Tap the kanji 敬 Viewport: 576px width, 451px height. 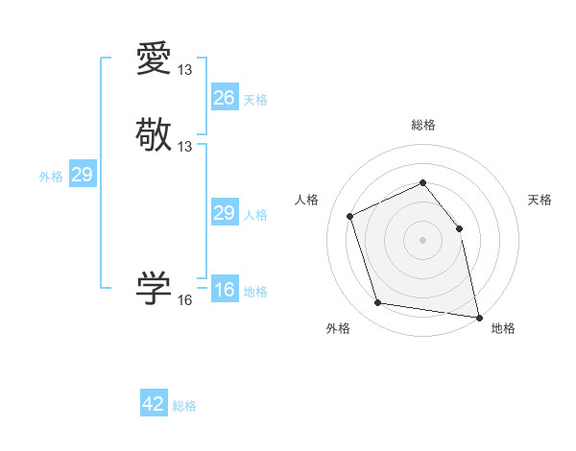click(154, 134)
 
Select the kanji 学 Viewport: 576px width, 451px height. click(154, 287)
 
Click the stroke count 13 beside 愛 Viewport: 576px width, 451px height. click(185, 70)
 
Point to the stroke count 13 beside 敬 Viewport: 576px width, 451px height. click(185, 146)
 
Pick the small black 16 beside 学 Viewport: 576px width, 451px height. click(185, 300)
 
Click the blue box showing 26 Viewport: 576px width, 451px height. click(225, 97)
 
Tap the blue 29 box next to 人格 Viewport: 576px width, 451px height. click(225, 213)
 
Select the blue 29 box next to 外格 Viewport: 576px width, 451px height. click(83, 175)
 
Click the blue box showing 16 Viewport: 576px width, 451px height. click(225, 290)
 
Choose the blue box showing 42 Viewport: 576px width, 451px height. click(154, 404)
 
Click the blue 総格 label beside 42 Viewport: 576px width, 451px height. click(184, 406)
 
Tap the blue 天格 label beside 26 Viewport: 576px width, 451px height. click(255, 100)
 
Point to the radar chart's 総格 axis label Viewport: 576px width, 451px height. click(423, 125)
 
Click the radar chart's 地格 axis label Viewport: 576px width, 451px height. click(503, 328)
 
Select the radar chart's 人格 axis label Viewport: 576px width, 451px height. click(307, 200)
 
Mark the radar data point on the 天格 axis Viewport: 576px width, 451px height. click(459, 228)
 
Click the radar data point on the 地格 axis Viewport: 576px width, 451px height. click(478, 316)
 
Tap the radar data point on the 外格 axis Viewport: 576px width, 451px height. click(378, 303)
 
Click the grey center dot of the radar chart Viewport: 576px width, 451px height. click(423, 240)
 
